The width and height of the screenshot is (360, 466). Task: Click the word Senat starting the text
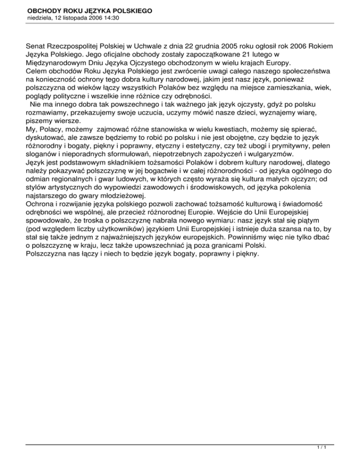(36, 47)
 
